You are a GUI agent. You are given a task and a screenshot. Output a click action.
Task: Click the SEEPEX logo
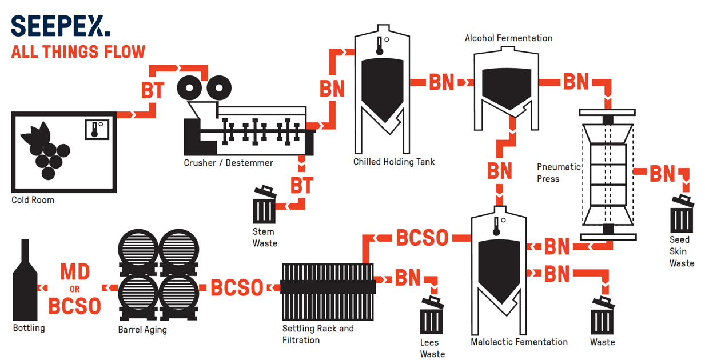[x=60, y=26]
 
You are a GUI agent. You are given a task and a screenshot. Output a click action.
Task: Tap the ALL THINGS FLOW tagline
[x=78, y=52]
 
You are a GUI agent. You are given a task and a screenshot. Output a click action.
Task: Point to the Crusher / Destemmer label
[x=228, y=163]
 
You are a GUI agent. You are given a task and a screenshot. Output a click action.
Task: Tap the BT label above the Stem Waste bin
[x=302, y=185]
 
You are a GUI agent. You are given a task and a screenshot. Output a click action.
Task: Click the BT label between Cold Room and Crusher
[x=153, y=91]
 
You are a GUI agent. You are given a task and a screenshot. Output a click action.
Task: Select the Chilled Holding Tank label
[x=393, y=162]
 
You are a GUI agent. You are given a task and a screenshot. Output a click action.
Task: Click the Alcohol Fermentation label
[x=508, y=38]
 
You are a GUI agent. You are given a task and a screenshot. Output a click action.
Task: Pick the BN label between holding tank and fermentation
[x=441, y=82]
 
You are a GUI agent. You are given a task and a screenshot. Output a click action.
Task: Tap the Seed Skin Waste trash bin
[x=682, y=214]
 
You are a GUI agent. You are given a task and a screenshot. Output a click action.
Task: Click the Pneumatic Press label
[x=558, y=173]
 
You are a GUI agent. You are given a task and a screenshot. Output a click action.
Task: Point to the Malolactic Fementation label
[x=519, y=342]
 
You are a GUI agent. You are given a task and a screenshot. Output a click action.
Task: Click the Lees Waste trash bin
[x=432, y=316]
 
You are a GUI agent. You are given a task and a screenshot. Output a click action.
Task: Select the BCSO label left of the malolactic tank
[x=422, y=238]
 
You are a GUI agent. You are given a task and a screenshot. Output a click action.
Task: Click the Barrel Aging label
[x=142, y=329]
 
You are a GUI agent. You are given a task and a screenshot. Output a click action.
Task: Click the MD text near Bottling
[x=75, y=272]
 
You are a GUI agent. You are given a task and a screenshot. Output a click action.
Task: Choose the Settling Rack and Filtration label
[x=317, y=334]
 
